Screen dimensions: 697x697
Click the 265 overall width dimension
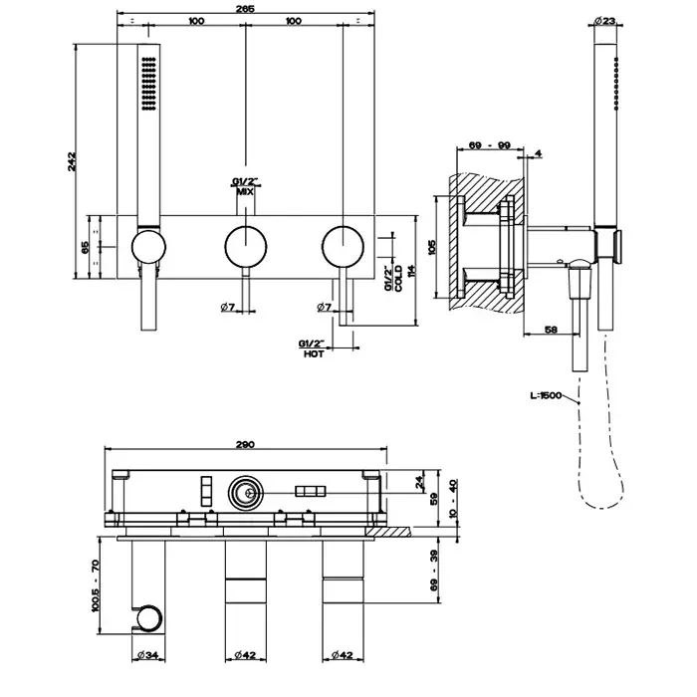246,8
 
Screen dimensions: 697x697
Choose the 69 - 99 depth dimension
490,145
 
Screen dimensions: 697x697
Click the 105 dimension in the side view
432,246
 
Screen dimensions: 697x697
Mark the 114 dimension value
411,270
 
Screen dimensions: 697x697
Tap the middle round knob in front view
244,244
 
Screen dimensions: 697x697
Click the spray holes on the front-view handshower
148,83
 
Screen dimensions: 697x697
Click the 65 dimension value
86,245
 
